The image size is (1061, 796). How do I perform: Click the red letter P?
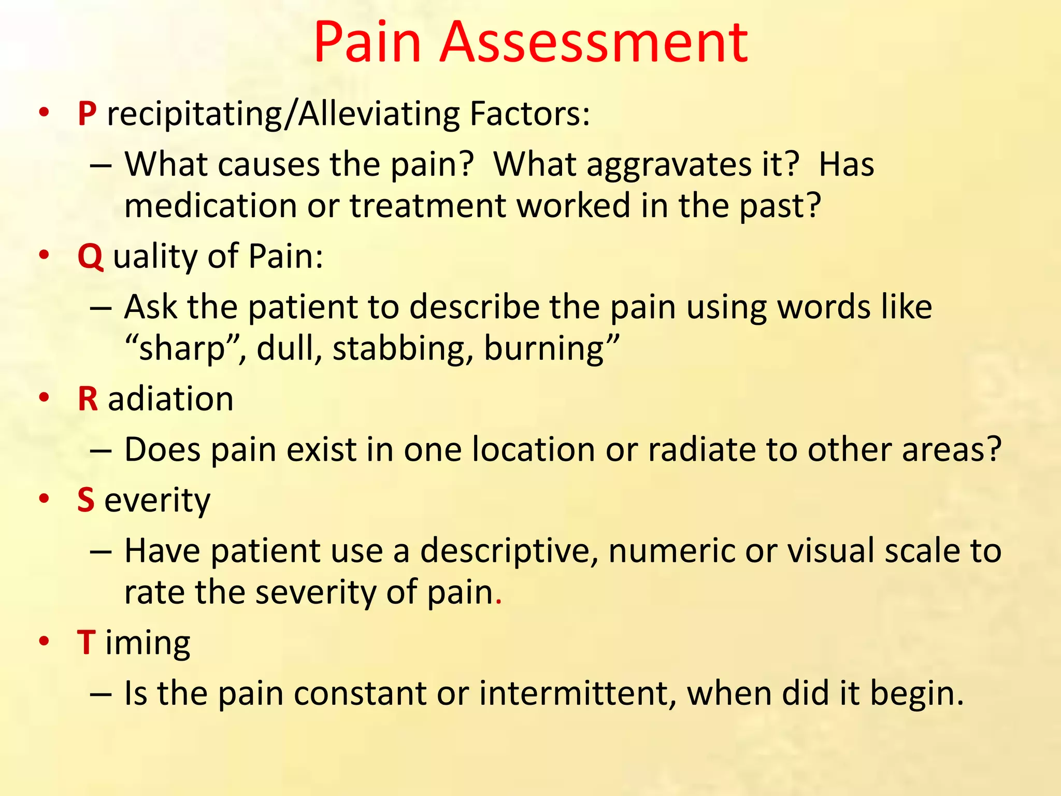pos(88,113)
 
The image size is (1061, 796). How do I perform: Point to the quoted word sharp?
pos(182,349)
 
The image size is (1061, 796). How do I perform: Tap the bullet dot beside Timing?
pos(45,641)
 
